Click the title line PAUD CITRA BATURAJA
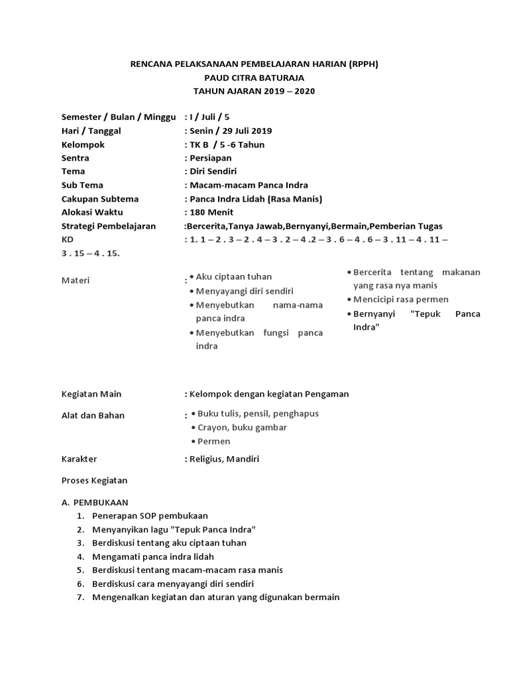coord(254,78)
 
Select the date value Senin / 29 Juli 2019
coord(230,131)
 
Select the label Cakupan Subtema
coord(100,199)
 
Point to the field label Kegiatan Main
coord(91,394)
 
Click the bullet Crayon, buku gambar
coord(242,428)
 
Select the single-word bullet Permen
coord(213,442)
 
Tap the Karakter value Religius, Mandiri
coord(224,459)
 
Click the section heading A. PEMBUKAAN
coord(95,502)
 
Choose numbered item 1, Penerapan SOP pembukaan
coord(150,515)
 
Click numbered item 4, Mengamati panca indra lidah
coord(154,556)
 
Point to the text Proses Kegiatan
coord(94,480)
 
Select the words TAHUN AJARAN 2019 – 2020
coord(254,91)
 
